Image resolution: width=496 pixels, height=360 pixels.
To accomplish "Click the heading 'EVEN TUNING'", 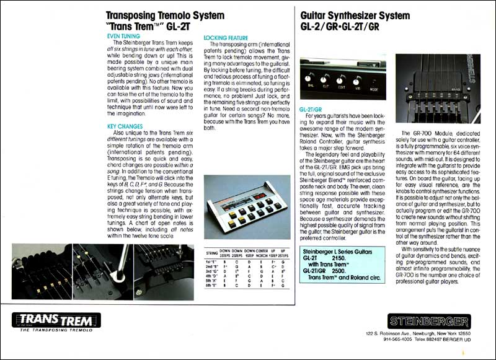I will (x=123, y=37).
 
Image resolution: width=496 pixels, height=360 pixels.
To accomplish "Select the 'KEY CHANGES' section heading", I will (x=125, y=126).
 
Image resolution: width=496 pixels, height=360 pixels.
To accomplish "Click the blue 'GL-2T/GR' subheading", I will (x=311, y=108).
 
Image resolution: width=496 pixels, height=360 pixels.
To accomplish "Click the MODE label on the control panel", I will (x=374, y=88).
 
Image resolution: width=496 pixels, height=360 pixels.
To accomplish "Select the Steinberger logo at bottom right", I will (x=428, y=321).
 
